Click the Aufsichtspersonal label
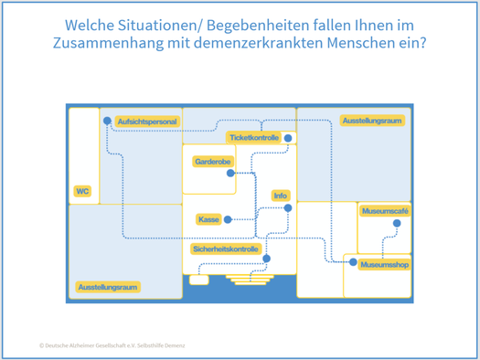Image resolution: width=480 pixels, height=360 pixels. coord(147,122)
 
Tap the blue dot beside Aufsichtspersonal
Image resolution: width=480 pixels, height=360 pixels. coord(107,121)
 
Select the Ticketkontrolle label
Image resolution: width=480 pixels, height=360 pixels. coord(254,138)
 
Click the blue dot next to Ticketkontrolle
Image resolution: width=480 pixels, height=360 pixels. coord(288,138)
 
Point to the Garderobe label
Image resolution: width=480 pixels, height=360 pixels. coord(213,162)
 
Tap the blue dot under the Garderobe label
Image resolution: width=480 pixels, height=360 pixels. coord(230,174)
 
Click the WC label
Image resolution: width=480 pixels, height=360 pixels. coord(82,191)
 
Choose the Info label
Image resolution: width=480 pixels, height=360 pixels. coord(281,196)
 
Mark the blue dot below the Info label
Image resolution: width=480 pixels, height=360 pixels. coord(288,208)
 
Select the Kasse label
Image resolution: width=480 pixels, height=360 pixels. coord(208,219)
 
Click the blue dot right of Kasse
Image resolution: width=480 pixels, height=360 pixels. coord(228,219)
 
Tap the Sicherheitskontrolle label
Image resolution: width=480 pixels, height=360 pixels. coord(226,249)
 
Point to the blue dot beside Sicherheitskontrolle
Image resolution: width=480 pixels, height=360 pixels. coord(267,259)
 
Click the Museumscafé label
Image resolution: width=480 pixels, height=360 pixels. coord(385,211)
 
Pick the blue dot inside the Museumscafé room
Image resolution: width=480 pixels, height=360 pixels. coord(397,223)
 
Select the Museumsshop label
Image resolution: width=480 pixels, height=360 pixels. coord(385,265)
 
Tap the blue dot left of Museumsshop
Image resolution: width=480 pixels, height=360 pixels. coord(353,262)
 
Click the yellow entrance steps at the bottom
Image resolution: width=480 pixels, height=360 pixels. coord(250,280)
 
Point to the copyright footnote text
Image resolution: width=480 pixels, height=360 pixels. coord(112,345)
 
